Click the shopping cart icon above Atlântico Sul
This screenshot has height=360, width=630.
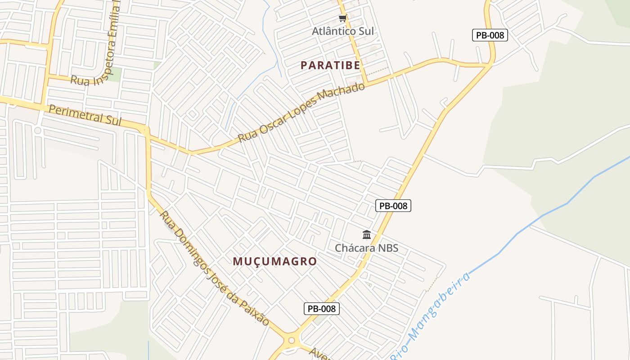click(x=343, y=18)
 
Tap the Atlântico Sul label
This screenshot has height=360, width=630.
click(x=343, y=31)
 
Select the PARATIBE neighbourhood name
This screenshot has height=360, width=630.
click(x=330, y=65)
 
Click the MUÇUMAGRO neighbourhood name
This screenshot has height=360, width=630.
click(x=275, y=261)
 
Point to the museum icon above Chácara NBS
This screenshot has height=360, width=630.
click(x=367, y=235)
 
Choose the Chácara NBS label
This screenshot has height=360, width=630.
click(x=367, y=248)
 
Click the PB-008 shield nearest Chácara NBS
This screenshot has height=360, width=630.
click(x=393, y=206)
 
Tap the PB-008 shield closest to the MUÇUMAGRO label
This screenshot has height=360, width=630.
click(x=321, y=309)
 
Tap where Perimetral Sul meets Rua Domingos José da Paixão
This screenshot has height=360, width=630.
click(x=145, y=130)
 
